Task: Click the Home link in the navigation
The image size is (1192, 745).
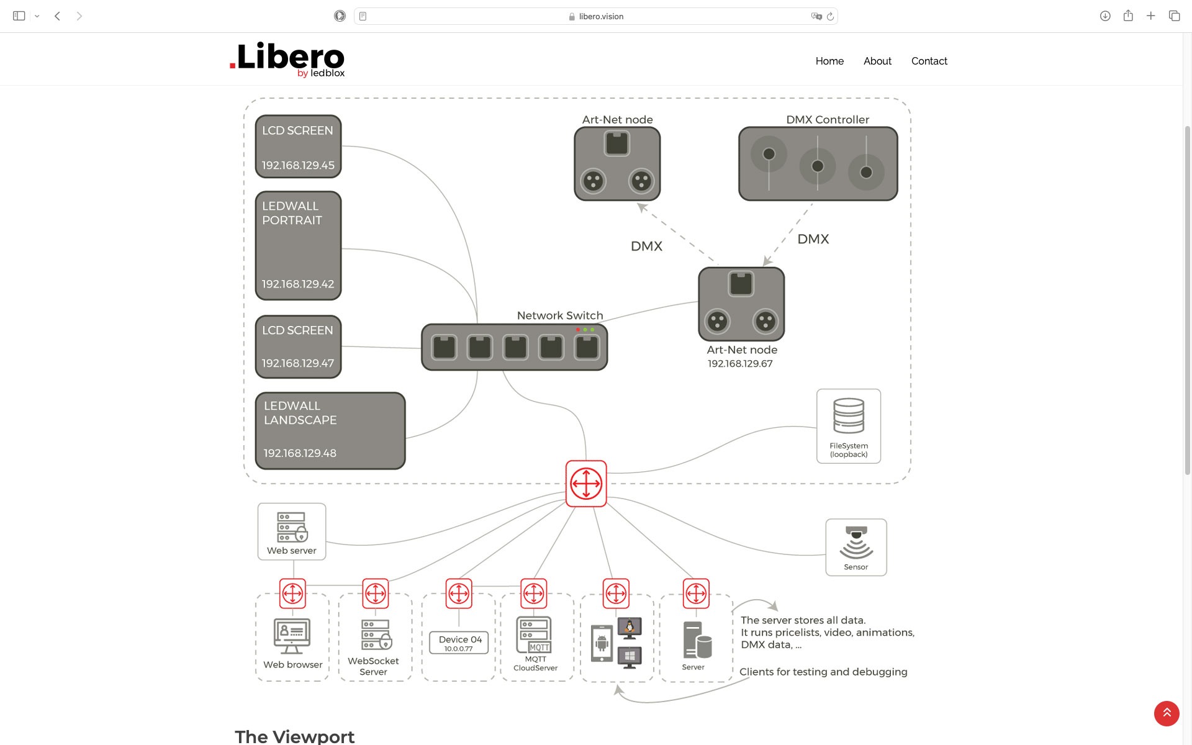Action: coord(829,61)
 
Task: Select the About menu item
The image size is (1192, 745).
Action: coord(877,61)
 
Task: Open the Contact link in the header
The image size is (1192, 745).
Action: coord(929,61)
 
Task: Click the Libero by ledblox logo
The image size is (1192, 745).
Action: coord(287,60)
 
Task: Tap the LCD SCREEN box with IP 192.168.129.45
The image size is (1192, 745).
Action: coord(298,147)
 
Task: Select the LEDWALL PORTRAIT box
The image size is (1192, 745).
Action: coord(298,245)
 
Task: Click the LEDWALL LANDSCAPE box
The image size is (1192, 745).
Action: coord(330,430)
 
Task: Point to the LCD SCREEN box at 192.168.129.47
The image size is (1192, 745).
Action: coord(298,346)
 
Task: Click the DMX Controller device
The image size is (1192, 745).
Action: coord(818,164)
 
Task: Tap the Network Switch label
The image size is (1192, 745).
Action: coord(559,315)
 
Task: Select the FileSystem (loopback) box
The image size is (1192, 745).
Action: coord(848,426)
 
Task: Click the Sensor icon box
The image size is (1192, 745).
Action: coord(856,547)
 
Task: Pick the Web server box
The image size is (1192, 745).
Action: coord(292,531)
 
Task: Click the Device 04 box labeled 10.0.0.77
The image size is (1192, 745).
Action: coord(459,643)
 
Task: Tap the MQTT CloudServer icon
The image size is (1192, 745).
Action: coord(535,634)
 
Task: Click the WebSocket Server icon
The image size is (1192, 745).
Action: coord(376,634)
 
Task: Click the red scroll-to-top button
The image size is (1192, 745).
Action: coord(1166,713)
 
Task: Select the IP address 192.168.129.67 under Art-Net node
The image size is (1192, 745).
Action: coord(740,364)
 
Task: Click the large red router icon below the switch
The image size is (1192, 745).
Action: coord(586,484)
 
